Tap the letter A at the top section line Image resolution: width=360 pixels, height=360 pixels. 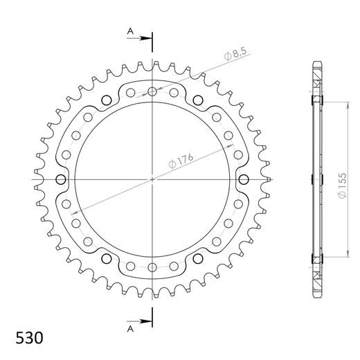129,31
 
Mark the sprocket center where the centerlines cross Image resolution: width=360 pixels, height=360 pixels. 152,179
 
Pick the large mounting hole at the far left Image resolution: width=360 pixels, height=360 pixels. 61,179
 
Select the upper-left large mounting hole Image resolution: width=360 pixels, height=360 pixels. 107,100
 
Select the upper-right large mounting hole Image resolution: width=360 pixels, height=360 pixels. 198,100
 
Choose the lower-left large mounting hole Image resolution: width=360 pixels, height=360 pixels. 107,258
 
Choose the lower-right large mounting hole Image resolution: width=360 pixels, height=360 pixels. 198,258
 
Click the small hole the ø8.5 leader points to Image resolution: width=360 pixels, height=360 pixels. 152,91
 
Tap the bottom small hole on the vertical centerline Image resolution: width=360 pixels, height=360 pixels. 152,267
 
